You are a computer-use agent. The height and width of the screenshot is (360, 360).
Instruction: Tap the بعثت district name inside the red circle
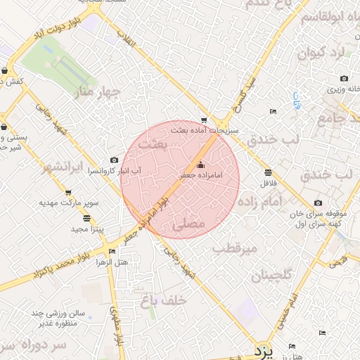click(154, 143)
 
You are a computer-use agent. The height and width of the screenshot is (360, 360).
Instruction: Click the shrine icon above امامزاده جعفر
click(201, 165)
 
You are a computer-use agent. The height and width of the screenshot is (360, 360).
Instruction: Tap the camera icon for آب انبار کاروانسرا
click(115, 160)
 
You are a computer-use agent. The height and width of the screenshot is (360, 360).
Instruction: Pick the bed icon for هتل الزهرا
click(112, 251)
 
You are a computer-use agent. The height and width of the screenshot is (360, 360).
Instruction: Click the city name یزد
click(264, 349)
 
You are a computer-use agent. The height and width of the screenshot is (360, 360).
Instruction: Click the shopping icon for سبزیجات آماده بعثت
click(204, 120)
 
